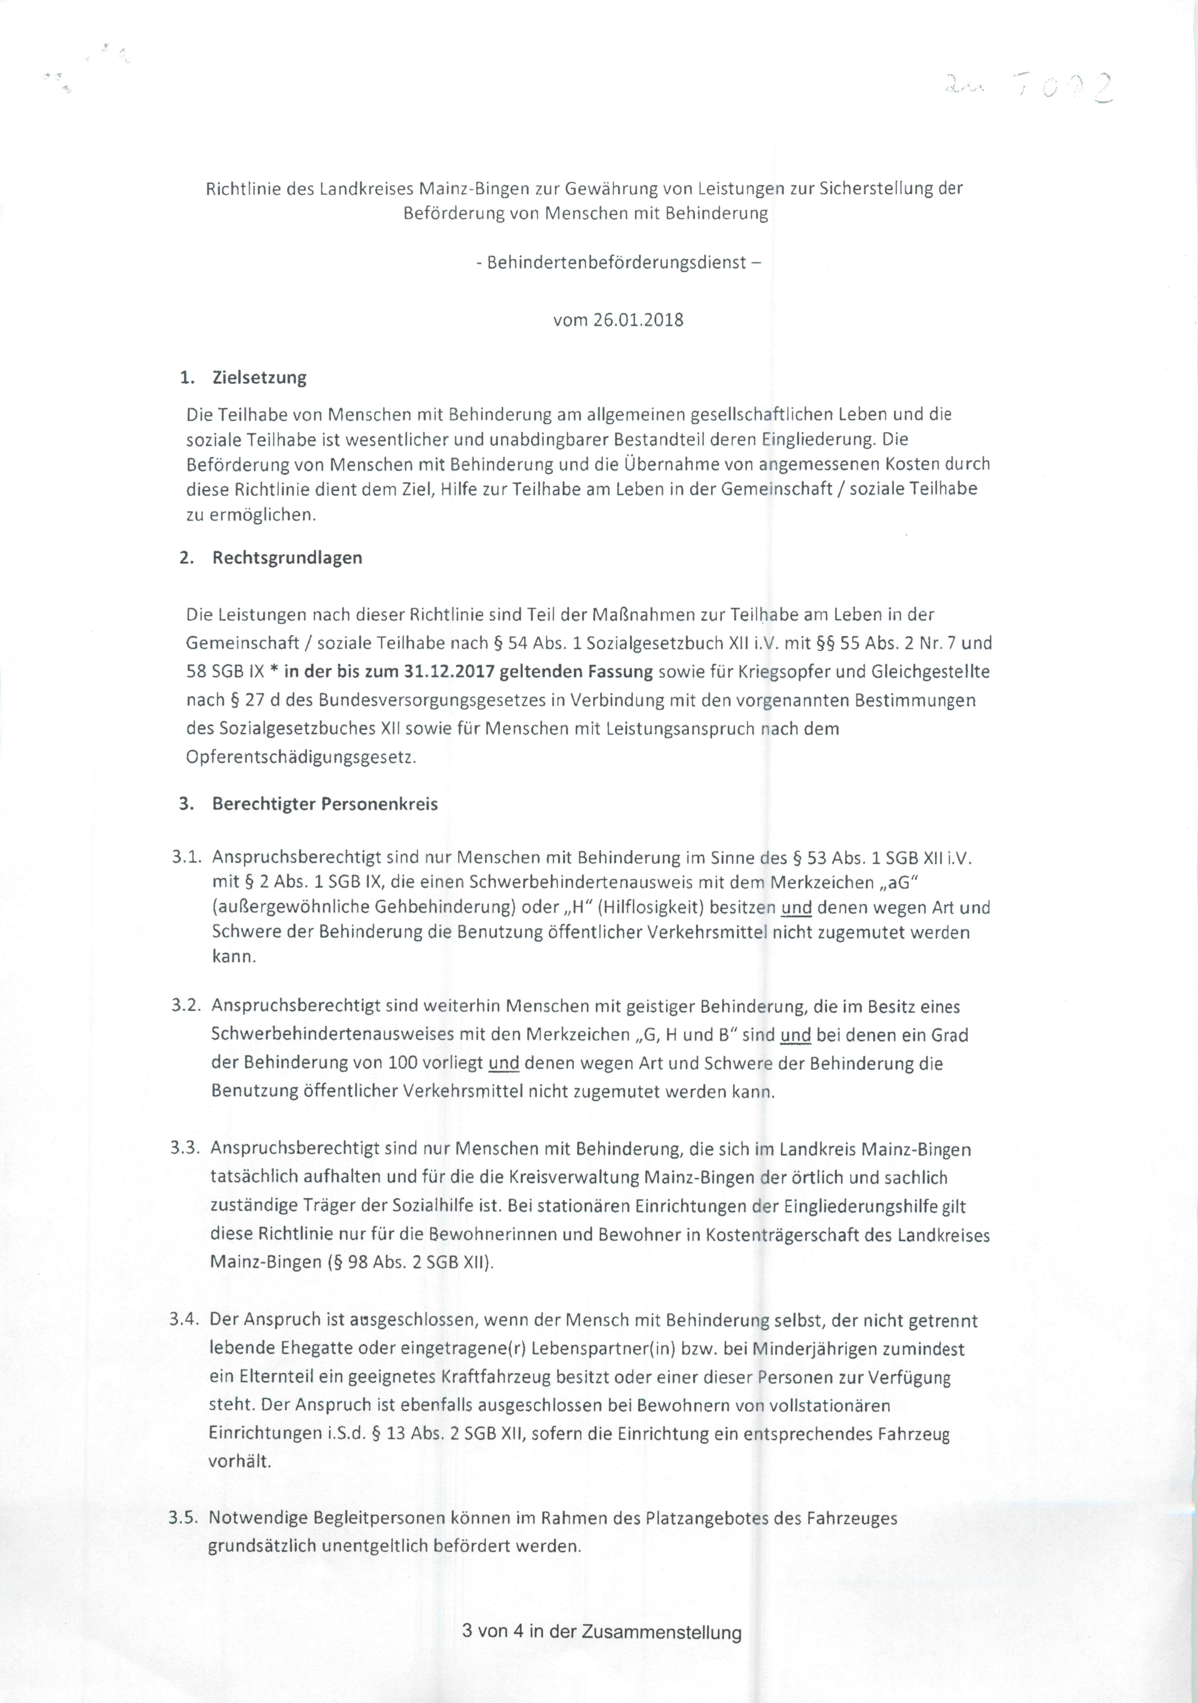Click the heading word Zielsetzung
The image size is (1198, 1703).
259,378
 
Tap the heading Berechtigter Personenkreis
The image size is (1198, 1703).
325,804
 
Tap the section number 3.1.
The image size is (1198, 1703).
186,857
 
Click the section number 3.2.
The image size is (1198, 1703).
186,1007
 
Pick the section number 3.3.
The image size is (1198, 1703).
185,1148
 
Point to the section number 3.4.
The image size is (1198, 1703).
185,1319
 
